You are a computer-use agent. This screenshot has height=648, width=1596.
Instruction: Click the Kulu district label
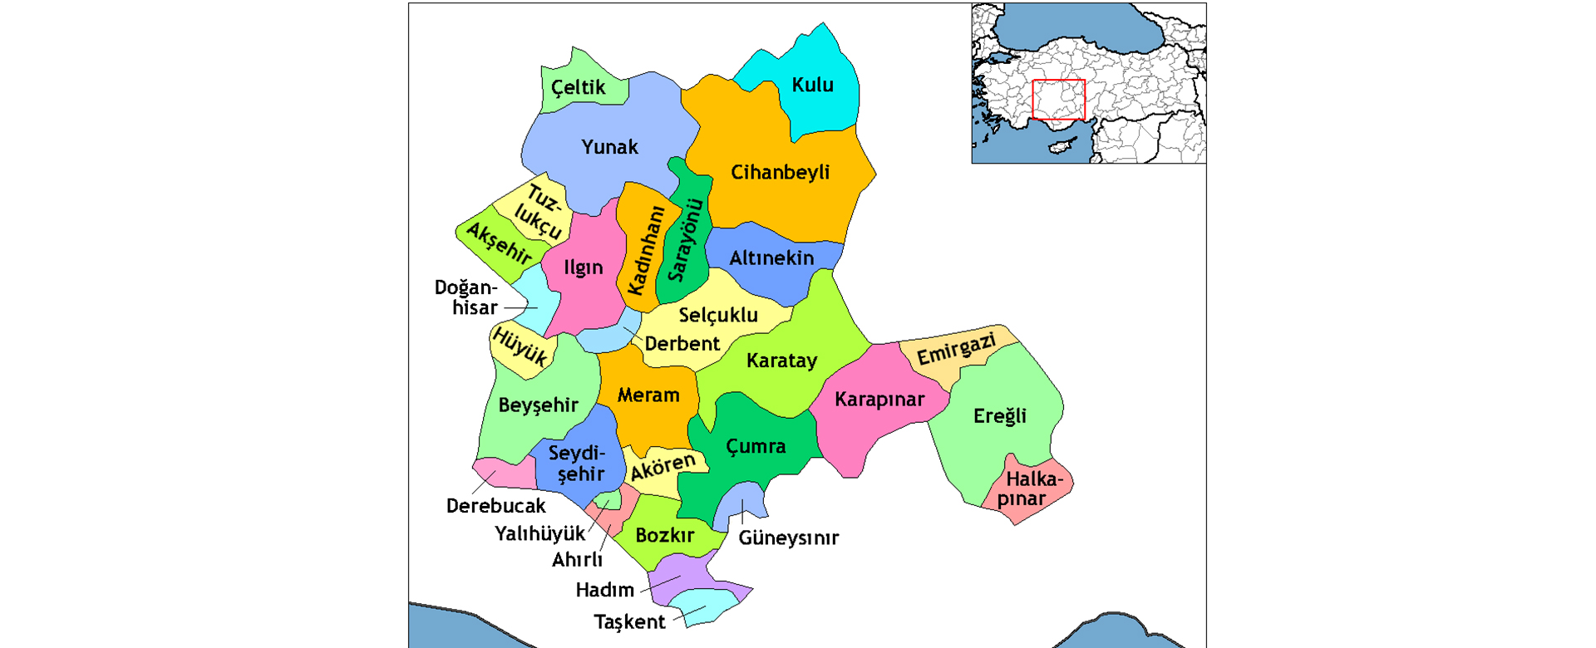click(812, 85)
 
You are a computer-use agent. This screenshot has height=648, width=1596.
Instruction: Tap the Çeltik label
click(579, 87)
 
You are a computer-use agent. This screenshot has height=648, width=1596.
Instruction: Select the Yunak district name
click(609, 147)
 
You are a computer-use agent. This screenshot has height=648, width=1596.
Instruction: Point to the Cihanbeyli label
click(780, 172)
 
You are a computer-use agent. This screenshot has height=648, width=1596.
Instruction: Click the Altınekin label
click(771, 258)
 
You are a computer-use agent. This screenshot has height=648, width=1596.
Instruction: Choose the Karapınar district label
click(879, 400)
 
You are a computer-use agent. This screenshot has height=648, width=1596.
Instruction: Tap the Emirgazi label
click(956, 349)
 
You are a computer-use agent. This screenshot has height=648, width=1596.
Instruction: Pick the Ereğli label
click(999, 416)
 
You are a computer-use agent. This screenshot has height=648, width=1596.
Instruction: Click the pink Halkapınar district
click(1031, 490)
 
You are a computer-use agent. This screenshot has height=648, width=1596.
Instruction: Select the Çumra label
click(756, 447)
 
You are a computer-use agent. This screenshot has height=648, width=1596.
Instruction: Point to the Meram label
click(648, 395)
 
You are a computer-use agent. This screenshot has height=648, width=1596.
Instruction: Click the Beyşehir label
click(538, 405)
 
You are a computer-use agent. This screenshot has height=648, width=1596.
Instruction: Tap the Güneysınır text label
click(788, 538)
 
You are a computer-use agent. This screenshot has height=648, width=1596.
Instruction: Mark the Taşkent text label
click(629, 621)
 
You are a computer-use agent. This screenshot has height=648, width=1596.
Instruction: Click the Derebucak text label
click(495, 506)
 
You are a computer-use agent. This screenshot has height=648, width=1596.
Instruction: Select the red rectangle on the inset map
click(1058, 100)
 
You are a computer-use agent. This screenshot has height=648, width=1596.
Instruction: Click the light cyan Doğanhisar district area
click(532, 303)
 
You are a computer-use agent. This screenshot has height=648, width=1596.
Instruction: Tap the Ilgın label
click(583, 268)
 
